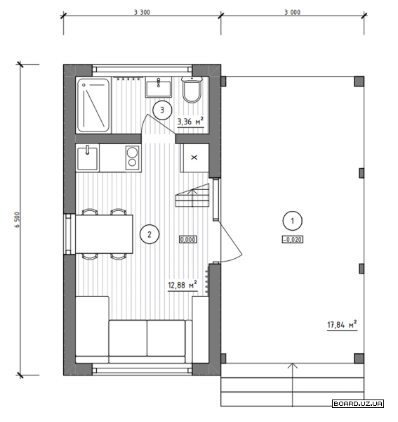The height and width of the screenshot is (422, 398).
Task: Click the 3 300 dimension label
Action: (142, 12)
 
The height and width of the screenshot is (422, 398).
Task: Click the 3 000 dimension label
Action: (293, 12)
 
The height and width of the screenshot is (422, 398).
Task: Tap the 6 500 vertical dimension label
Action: (17, 220)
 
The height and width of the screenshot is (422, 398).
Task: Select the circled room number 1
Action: (293, 221)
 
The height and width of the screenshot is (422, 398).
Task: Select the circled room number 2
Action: (150, 234)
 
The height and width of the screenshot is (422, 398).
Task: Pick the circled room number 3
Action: (162, 110)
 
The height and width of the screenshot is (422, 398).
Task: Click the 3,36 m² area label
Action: (190, 122)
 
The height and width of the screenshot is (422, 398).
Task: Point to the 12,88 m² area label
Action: (183, 285)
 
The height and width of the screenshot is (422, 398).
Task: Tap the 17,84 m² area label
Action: (342, 324)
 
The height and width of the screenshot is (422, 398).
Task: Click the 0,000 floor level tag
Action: (188, 239)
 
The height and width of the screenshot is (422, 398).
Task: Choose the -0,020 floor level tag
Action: (293, 239)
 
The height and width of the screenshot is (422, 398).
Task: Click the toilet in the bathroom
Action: (192, 89)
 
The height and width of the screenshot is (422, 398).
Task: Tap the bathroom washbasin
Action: (159, 87)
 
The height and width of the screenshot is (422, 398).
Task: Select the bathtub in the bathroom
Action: (93, 105)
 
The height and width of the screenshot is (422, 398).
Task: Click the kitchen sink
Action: (87, 158)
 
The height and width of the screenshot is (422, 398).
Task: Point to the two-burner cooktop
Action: (133, 158)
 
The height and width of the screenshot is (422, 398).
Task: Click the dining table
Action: (104, 234)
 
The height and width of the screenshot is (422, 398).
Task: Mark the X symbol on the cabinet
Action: (194, 158)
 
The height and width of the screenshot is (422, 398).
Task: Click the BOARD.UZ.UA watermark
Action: (358, 404)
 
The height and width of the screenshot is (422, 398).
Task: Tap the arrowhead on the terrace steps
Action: (293, 366)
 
